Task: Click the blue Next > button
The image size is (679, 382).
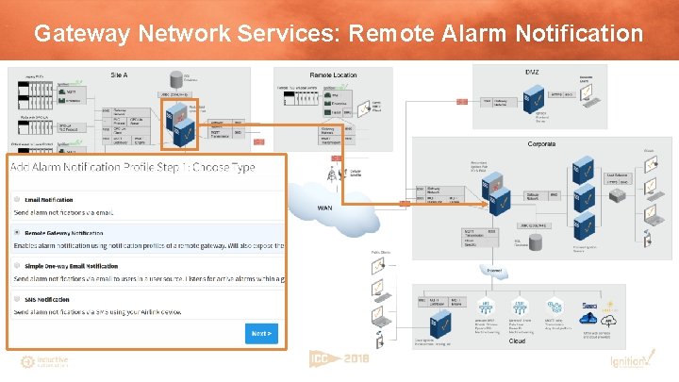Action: (x=262, y=333)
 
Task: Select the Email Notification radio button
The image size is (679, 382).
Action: (x=17, y=199)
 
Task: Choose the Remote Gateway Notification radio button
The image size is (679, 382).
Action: (x=17, y=232)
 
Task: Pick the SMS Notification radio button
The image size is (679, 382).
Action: (x=17, y=299)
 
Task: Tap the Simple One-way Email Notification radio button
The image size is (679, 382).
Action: (x=17, y=266)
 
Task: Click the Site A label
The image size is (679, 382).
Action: (x=119, y=74)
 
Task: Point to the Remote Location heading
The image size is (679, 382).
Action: (x=333, y=75)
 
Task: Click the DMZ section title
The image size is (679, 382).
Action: (x=532, y=72)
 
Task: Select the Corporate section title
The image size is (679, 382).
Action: (x=541, y=144)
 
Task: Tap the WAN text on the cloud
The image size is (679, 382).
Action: (x=324, y=208)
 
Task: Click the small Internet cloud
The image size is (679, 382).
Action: (x=493, y=271)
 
